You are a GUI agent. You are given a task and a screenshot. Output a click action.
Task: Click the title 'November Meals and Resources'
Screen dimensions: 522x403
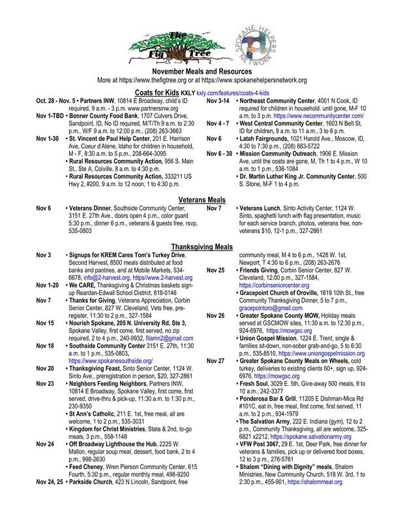tap(201, 69)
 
